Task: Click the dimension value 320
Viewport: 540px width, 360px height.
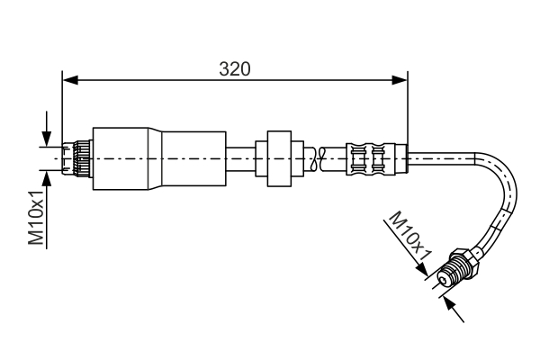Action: pyautogui.click(x=234, y=68)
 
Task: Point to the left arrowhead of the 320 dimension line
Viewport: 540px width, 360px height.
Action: pyautogui.click(x=67, y=79)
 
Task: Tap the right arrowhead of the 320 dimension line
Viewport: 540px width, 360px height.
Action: pyautogui.click(x=402, y=79)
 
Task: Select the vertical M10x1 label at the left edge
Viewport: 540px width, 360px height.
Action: pyautogui.click(x=36, y=218)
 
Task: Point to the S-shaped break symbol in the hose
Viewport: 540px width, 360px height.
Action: pyautogui.click(x=314, y=158)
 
